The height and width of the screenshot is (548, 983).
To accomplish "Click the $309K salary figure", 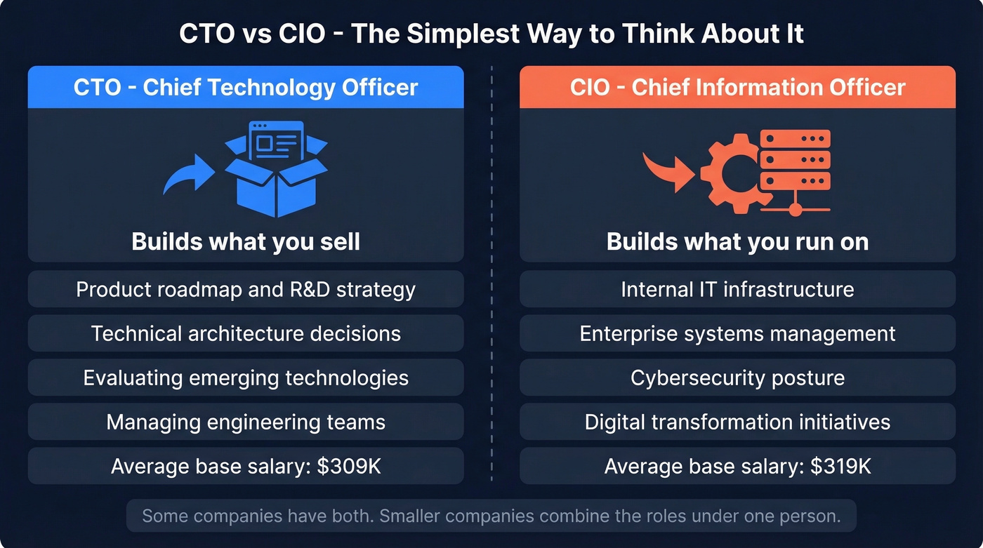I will pyautogui.click(x=349, y=467).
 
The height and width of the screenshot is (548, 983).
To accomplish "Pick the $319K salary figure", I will pyautogui.click(x=840, y=467).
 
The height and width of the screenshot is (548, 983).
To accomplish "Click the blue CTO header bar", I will pyautogui.click(x=246, y=88).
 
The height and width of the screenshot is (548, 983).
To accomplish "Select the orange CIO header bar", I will pyautogui.click(x=737, y=88).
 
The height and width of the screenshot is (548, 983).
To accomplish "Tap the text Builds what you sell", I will pyautogui.click(x=246, y=242).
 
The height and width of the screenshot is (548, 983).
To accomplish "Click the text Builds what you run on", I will pyautogui.click(x=737, y=242).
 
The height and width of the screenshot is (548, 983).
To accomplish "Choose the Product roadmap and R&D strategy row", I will pyautogui.click(x=246, y=289).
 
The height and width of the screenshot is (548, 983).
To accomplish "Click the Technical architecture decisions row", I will pyautogui.click(x=246, y=333).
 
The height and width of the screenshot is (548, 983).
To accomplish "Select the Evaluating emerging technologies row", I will pyautogui.click(x=246, y=377).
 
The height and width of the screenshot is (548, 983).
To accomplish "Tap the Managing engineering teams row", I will pyautogui.click(x=246, y=422).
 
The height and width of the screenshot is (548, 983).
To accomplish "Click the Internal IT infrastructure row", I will pyautogui.click(x=737, y=289).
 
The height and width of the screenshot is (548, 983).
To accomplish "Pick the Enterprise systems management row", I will pyautogui.click(x=737, y=333).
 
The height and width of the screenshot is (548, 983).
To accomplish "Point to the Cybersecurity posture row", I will pyautogui.click(x=737, y=377).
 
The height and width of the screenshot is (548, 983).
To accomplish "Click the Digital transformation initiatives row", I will pyautogui.click(x=737, y=422).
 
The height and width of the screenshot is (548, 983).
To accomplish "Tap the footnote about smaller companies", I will pyautogui.click(x=491, y=516).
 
